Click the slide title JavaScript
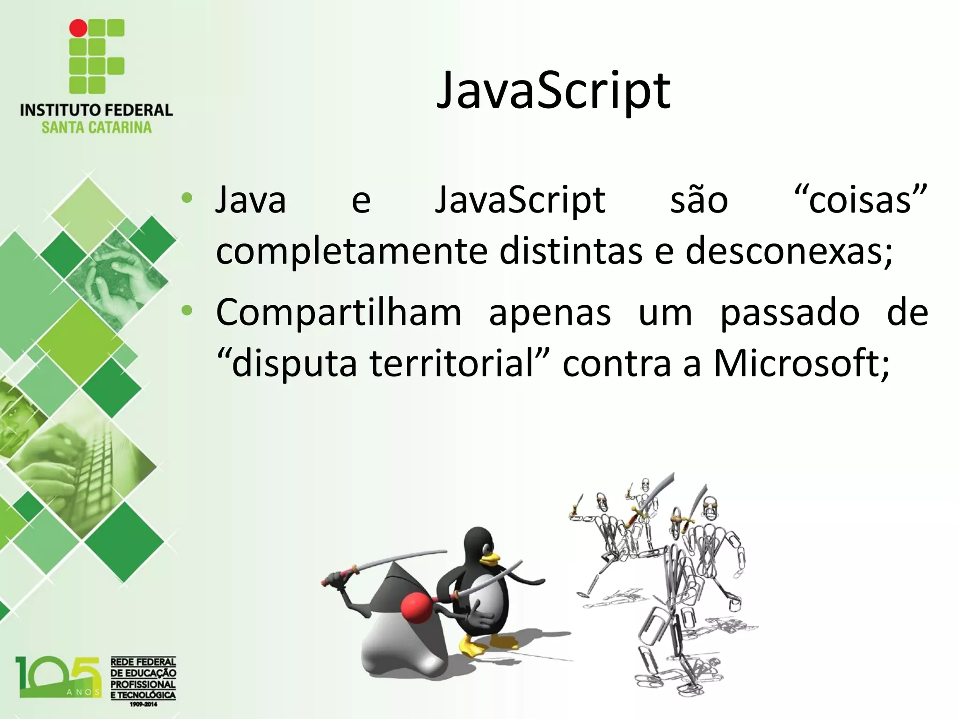click(553, 91)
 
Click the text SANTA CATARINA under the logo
click(96, 127)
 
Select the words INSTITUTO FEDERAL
click(96, 110)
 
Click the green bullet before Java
click(187, 198)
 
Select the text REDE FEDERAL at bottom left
click(143, 662)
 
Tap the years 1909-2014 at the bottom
click(143, 704)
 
